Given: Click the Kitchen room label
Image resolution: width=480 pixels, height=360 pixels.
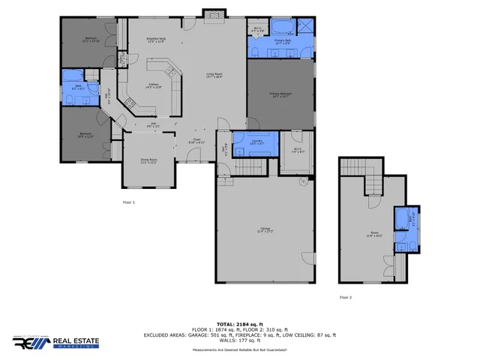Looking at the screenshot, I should click(x=153, y=85).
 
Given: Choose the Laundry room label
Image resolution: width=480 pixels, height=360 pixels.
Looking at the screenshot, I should click(x=256, y=143).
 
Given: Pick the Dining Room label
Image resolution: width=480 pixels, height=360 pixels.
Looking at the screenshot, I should click(x=148, y=160).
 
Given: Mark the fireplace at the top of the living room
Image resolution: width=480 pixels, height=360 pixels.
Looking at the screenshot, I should click(x=214, y=14).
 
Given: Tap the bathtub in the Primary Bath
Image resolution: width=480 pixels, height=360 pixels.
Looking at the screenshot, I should click(x=283, y=28).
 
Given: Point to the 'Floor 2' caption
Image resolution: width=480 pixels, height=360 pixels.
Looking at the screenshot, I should click(x=346, y=297).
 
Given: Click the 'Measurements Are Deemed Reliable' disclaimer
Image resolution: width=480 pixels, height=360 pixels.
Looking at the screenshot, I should click(x=240, y=350).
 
